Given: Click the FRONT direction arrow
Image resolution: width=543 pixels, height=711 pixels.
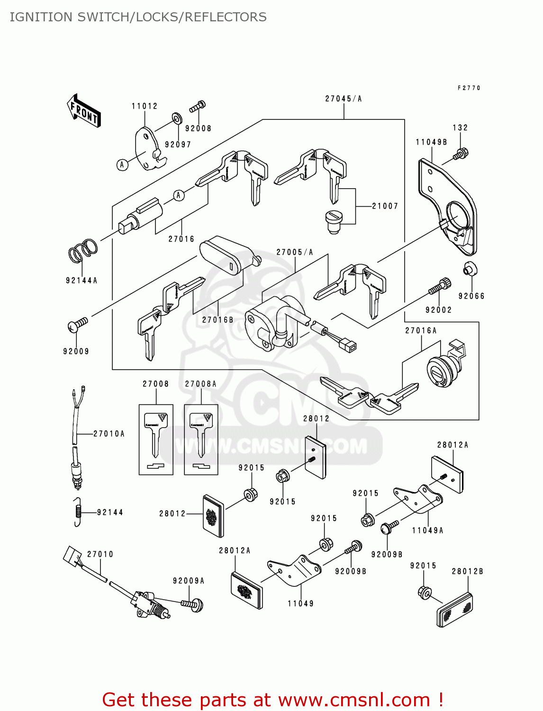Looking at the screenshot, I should (x=84, y=111).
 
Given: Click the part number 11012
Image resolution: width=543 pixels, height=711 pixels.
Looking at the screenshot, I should (x=145, y=106).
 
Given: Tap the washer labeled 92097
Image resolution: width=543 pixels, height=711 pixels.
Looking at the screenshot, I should (x=176, y=118).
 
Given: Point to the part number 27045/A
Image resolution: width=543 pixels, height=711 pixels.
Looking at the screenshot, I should (x=344, y=99).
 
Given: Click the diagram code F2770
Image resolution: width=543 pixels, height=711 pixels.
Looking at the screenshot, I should (x=469, y=88).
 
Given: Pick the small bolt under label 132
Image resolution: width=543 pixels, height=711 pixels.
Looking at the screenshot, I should (x=460, y=154).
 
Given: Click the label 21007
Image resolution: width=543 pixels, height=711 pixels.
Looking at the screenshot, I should (x=385, y=206).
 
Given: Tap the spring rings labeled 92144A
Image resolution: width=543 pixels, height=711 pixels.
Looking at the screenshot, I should (x=83, y=250).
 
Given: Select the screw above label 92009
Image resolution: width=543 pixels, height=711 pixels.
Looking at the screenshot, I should (x=78, y=325).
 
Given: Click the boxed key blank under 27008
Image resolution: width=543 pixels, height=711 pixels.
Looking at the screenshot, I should (x=156, y=439).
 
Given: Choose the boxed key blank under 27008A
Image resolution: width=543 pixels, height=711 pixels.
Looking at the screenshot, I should (x=201, y=439).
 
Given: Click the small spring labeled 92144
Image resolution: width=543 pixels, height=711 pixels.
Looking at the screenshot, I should (x=78, y=512).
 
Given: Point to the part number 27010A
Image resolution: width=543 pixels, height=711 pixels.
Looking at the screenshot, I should (x=109, y=434).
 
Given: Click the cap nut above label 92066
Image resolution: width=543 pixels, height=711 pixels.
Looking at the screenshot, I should (x=470, y=269).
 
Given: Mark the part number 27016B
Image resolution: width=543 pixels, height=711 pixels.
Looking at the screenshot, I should (x=218, y=320).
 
